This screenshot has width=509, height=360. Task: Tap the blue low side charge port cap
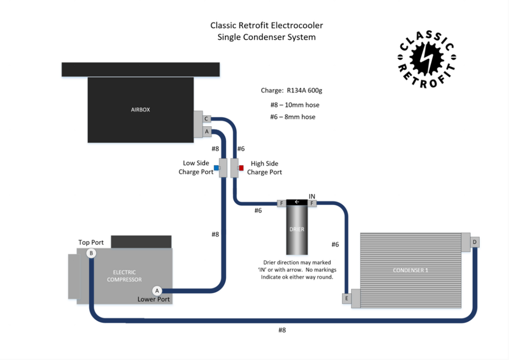pyautogui.click(x=216, y=168)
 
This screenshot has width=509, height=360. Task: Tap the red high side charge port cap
pyautogui.click(x=241, y=168)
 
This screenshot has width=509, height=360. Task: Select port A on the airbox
pyautogui.click(x=207, y=131)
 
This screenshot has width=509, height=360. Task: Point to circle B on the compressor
pyautogui.click(x=91, y=253)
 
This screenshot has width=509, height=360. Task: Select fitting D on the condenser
pyautogui.click(x=474, y=242)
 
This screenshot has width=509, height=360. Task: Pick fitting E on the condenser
pyautogui.click(x=347, y=298)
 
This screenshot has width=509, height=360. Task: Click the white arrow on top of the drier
pyautogui.click(x=297, y=202)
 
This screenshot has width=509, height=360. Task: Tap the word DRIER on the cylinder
pyautogui.click(x=297, y=229)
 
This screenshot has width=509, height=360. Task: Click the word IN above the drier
pyautogui.click(x=313, y=196)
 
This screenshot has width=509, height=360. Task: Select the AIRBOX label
pyautogui.click(x=140, y=109)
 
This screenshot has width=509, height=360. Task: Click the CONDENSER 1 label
pyautogui.click(x=410, y=270)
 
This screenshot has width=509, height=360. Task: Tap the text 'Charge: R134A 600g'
pyautogui.click(x=292, y=91)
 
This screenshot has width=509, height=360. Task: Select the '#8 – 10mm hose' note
pyautogui.click(x=295, y=105)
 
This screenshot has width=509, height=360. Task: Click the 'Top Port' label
pyautogui.click(x=91, y=242)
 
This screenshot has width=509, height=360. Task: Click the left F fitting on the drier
pyautogui.click(x=281, y=204)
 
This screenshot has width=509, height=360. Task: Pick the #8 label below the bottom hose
pyautogui.click(x=282, y=330)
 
